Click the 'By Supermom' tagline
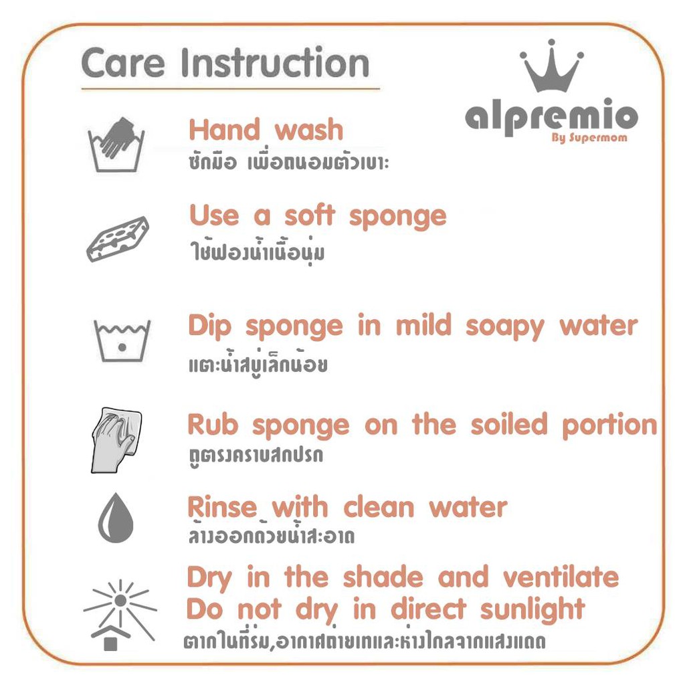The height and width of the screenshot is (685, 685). click(x=589, y=138)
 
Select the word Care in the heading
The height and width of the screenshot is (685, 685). click(x=123, y=64)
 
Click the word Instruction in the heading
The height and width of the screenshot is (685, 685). click(x=275, y=63)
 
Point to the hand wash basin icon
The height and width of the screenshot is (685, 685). click(x=116, y=144)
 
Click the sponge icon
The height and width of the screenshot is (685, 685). click(x=117, y=239)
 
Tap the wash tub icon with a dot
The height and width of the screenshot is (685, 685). click(x=122, y=340)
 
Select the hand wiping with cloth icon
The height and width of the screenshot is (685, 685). click(x=116, y=440)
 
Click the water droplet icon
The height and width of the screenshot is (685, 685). click(x=116, y=518)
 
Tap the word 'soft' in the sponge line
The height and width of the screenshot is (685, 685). click(x=310, y=215)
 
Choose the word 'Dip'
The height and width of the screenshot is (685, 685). click(x=209, y=326)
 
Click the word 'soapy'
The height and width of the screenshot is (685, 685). click(x=505, y=328)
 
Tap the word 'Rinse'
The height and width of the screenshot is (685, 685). click(x=222, y=507)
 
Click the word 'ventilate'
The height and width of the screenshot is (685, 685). click(x=561, y=577)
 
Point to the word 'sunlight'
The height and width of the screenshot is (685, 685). click(x=532, y=610)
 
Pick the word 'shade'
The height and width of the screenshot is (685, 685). click(x=383, y=577)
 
